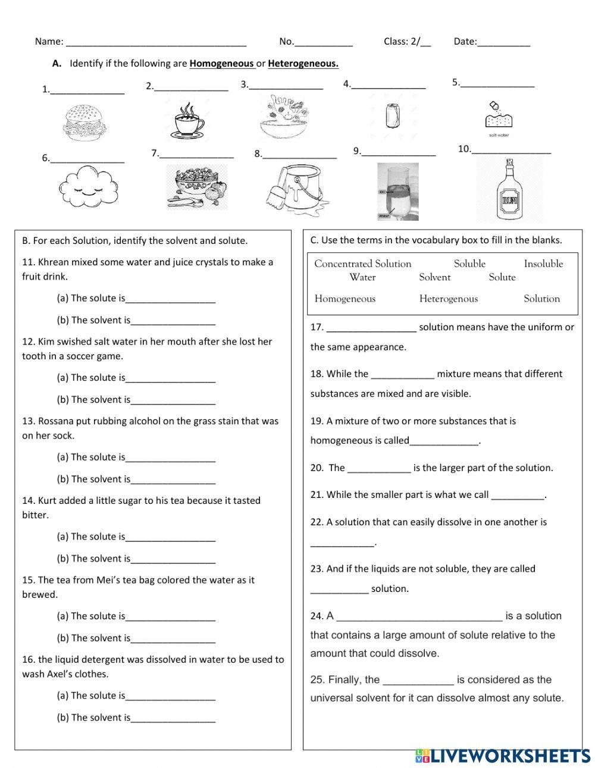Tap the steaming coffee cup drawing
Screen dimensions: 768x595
pyautogui.click(x=189, y=121)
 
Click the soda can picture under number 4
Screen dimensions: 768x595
pyautogui.click(x=392, y=115)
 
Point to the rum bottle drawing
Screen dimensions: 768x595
pyautogui.click(x=509, y=190)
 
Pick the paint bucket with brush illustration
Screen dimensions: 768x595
pyautogui.click(x=294, y=187)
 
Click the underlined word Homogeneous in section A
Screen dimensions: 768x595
pyautogui.click(x=222, y=64)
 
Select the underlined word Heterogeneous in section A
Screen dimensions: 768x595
pyautogui.click(x=303, y=64)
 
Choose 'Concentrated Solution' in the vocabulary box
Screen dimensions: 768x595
pyautogui.click(x=362, y=264)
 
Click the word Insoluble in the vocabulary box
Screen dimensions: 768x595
pyautogui.click(x=543, y=264)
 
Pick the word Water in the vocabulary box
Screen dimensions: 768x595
pyautogui.click(x=362, y=277)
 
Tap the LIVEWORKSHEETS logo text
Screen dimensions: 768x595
pyautogui.click(x=509, y=756)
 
